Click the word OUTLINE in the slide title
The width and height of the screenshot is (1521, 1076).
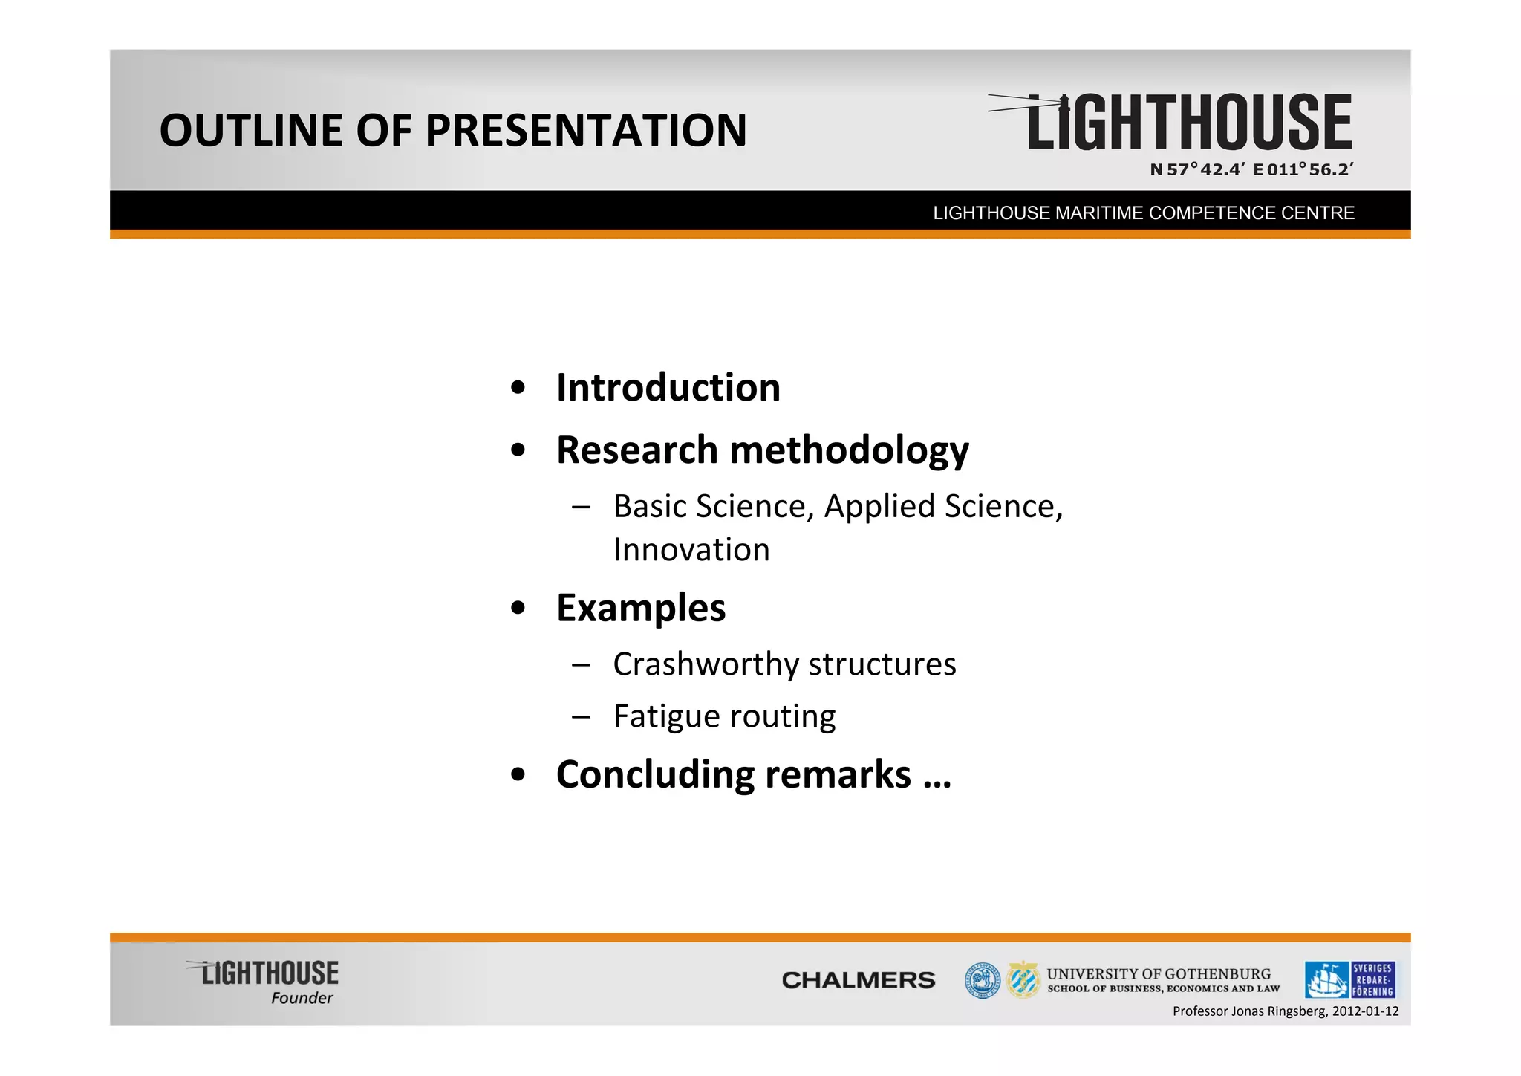251,131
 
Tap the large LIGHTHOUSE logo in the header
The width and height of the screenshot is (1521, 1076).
1188,123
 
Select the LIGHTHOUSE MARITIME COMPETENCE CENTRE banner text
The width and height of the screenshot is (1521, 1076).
1144,213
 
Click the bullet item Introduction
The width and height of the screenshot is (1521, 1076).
668,388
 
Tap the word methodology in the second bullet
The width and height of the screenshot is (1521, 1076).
849,450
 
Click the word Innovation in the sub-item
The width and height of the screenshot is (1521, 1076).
691,550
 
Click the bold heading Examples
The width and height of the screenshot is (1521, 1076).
640,608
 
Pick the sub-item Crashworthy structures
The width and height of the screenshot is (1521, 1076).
784,664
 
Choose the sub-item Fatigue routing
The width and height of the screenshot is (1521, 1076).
724,716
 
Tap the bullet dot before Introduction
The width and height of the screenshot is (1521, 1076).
518,388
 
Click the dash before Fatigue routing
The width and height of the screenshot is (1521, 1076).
581,717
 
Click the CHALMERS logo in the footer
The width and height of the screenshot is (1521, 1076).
858,980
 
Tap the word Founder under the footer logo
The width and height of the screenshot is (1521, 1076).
302,998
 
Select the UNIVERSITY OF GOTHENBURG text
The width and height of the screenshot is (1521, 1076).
1159,973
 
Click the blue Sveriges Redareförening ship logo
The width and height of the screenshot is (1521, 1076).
1349,980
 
